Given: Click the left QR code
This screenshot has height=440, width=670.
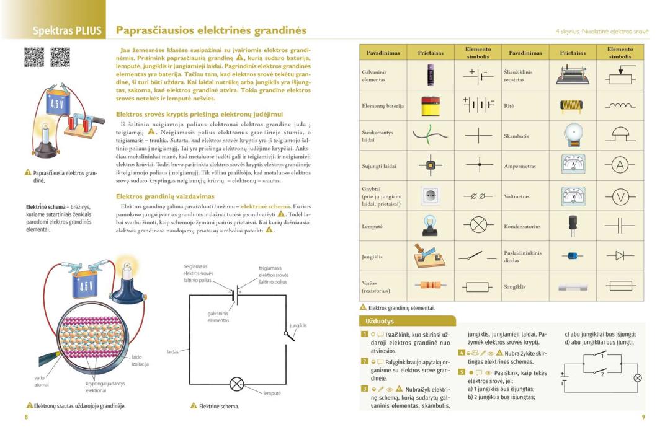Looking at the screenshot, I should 34,57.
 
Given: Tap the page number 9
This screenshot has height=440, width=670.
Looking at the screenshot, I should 644,417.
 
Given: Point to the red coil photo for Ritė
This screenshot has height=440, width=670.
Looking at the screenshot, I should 572,105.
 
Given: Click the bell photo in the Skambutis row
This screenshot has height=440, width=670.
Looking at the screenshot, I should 572,135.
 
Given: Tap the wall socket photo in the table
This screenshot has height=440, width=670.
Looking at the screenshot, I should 431,196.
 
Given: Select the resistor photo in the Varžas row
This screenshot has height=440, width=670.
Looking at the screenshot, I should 431,286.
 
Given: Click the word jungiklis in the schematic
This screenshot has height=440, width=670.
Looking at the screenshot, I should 298,325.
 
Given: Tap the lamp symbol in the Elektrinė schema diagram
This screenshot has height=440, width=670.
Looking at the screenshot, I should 237,384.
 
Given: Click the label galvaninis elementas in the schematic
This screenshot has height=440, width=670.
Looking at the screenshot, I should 218,317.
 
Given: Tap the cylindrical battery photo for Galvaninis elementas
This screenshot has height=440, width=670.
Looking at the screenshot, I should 431,76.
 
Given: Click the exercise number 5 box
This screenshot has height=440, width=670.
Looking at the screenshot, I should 461,372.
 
